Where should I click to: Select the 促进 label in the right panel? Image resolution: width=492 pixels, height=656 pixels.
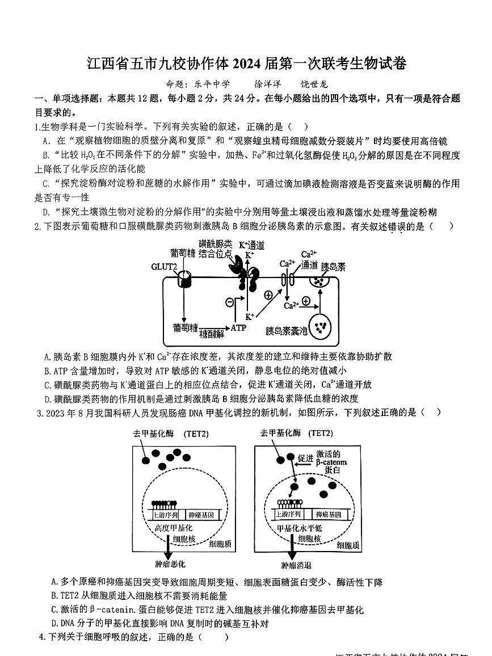pos(305,457)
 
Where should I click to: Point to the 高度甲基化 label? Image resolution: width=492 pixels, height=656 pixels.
pos(170,527)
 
